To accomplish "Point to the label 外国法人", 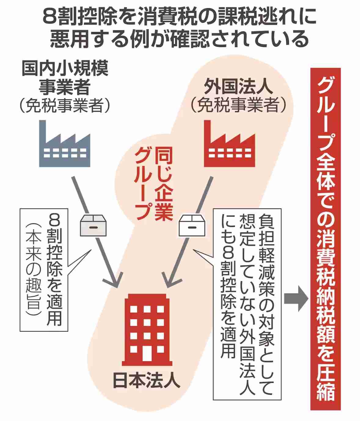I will (x=238, y=86).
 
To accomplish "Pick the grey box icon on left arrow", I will (x=93, y=225).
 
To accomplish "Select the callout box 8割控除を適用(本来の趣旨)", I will (x=44, y=270).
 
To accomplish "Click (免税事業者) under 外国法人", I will (x=238, y=106).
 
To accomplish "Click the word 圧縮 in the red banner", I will (x=325, y=383).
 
